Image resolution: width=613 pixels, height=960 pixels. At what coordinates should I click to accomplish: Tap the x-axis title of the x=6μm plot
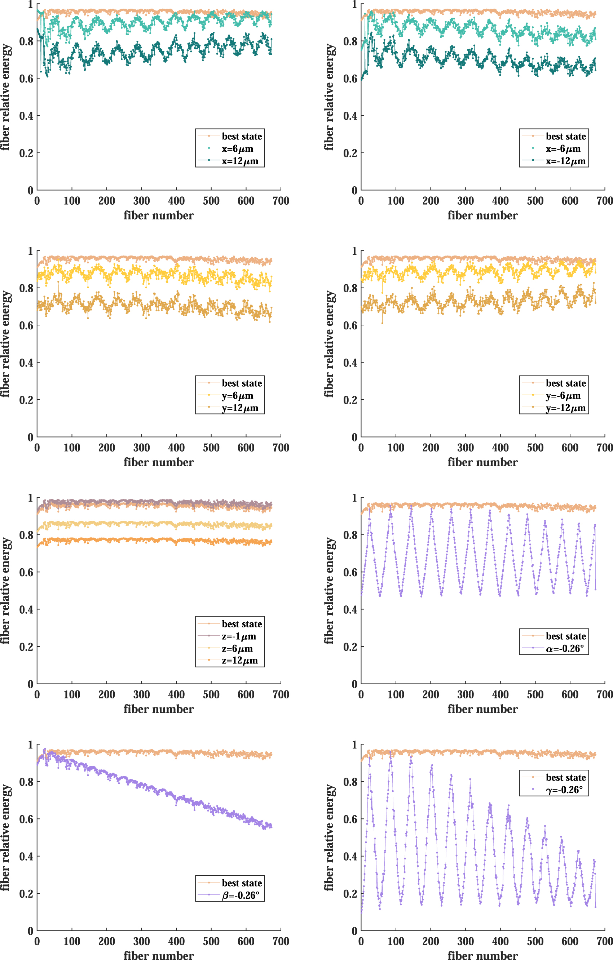coord(159,216)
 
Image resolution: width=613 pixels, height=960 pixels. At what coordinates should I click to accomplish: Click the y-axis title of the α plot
coord(328,590)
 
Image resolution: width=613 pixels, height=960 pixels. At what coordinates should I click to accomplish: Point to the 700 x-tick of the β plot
coord(281,941)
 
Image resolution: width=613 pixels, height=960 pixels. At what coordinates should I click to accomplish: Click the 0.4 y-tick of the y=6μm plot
coord(26,363)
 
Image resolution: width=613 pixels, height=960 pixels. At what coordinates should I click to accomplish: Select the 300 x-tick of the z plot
coord(142,694)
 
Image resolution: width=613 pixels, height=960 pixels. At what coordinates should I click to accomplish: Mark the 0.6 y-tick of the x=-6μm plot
coord(350,79)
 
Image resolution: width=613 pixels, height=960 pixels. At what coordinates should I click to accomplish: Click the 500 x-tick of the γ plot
coord(535,941)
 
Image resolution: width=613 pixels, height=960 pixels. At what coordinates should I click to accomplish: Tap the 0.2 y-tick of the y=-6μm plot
coord(350,400)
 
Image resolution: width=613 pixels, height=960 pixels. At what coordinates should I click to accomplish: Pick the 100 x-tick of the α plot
coord(396,694)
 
